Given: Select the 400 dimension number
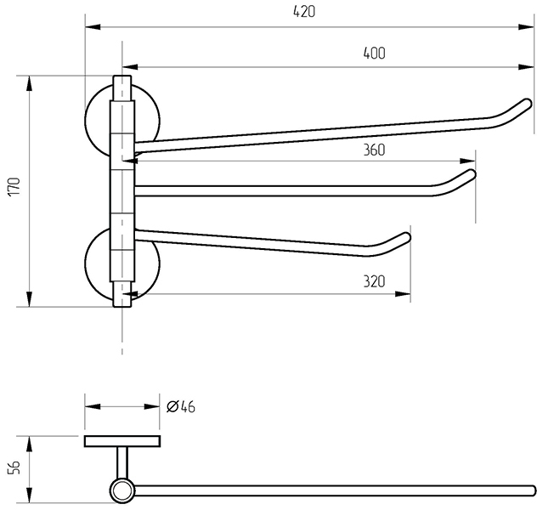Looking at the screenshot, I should tap(374, 53).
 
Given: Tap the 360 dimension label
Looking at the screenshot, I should tap(374, 150).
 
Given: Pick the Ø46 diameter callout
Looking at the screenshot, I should tap(180, 406).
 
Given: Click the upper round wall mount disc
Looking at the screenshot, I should tap(97, 118).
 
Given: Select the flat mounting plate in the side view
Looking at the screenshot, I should tap(122, 440).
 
